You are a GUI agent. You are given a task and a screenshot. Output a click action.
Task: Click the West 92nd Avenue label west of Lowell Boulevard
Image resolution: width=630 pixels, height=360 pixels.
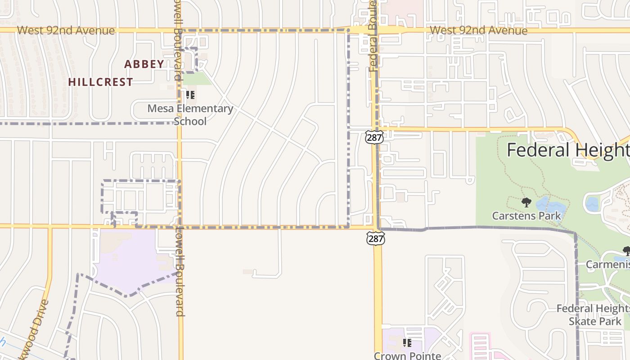tap(66, 31)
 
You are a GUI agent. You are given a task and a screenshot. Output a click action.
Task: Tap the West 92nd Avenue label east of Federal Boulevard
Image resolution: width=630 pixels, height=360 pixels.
tap(478, 31)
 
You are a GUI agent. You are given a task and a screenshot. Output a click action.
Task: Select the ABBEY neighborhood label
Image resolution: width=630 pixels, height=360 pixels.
tap(144, 64)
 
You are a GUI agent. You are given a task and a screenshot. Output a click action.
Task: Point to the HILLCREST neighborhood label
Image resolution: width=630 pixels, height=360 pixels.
tap(101, 82)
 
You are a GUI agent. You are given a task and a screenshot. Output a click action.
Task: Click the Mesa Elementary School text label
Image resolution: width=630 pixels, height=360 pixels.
tap(190, 115)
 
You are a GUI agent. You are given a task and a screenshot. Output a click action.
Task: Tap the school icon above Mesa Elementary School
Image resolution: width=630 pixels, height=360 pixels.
tap(190, 95)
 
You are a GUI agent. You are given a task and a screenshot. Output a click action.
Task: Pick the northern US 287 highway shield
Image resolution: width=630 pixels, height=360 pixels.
tap(374, 137)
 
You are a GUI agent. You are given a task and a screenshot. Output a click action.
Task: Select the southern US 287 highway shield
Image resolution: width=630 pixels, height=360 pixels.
tap(375, 238)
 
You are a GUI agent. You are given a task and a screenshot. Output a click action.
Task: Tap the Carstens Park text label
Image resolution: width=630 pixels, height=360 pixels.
tap(526, 216)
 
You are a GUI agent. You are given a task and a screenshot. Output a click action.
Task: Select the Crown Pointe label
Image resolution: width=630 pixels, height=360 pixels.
tap(407, 355)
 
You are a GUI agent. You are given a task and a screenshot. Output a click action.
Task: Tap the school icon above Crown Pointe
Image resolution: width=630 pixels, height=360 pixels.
tap(407, 343)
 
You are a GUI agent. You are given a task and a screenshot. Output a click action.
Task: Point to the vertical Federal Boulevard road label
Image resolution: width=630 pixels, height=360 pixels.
tap(373, 36)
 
